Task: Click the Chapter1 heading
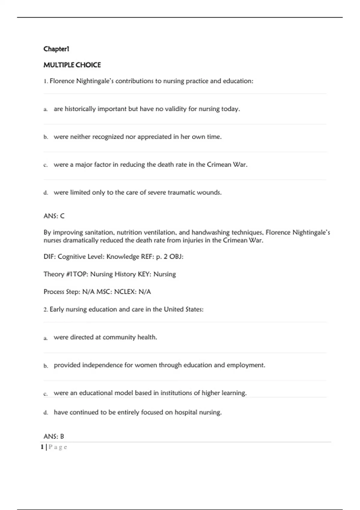(56, 49)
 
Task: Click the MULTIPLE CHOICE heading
(72, 65)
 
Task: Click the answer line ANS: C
(54, 216)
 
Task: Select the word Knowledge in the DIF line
(122, 257)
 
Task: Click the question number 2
(45, 310)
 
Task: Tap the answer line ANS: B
(54, 436)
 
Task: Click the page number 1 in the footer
(42, 447)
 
